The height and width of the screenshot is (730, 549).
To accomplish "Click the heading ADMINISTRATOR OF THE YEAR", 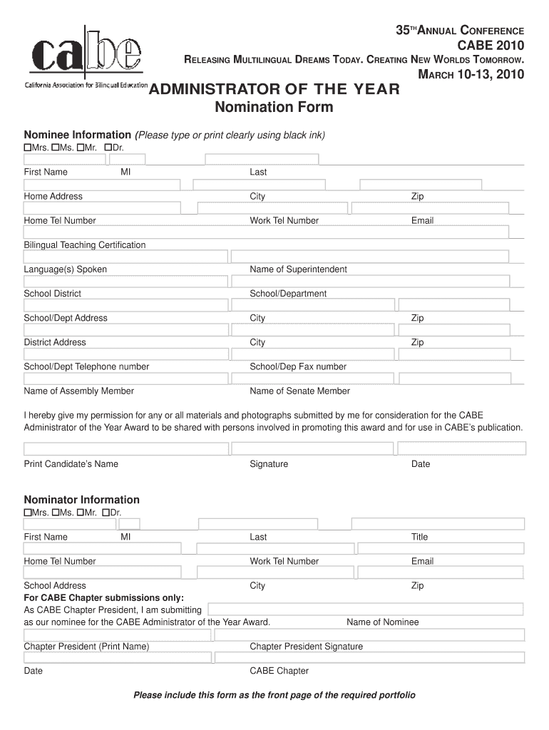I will tap(274, 90).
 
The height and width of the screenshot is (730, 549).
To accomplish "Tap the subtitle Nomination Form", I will tap(274, 108).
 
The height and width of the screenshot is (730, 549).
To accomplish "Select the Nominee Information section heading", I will tap(78, 135).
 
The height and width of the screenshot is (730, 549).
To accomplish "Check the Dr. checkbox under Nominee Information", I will tap(108, 147).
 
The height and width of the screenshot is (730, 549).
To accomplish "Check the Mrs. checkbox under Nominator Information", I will tap(28, 513).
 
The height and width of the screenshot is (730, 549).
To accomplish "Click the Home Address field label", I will tap(53, 196).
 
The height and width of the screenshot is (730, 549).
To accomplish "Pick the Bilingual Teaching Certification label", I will tap(85, 245).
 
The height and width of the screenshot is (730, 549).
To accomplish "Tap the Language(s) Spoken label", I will tap(66, 269).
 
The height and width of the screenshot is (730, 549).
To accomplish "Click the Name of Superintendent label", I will tap(298, 269).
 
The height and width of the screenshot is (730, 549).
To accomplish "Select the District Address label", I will tap(55, 342).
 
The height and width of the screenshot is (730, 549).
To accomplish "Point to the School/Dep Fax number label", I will tap(298, 366).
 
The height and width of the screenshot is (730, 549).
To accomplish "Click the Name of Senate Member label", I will tap(299, 391).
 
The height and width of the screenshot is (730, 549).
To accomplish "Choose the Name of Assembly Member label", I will tap(79, 391).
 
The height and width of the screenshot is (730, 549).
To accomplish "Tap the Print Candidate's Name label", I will tap(71, 464).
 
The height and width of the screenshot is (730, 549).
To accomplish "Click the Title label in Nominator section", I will tap(419, 537).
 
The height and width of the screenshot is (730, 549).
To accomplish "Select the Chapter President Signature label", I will tap(306, 647).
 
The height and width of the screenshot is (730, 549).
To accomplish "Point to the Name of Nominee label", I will tap(383, 622).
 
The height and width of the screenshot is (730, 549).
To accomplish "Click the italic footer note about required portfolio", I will tap(274, 695).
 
